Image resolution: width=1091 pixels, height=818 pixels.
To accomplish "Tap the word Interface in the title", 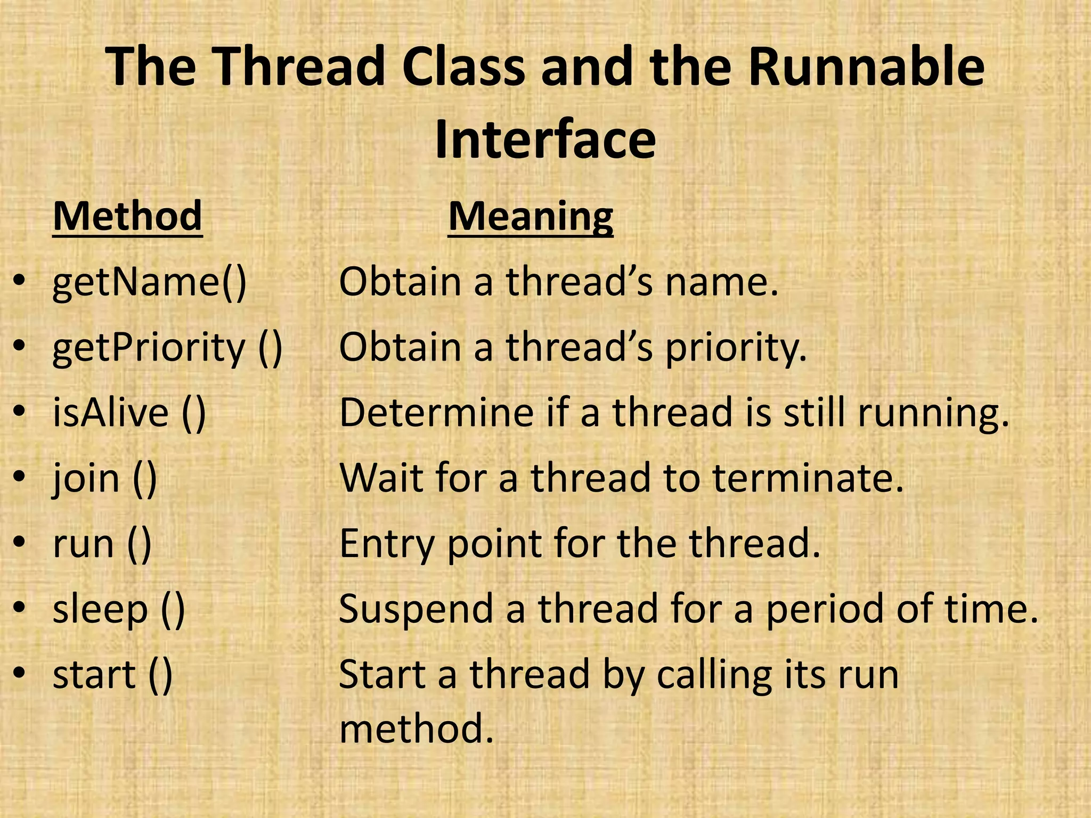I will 545,140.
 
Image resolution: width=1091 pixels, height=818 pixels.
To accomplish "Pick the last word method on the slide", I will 416,728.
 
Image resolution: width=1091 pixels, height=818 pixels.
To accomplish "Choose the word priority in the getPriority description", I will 736,347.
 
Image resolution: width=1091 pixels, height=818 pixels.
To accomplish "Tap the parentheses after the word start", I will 160,675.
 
